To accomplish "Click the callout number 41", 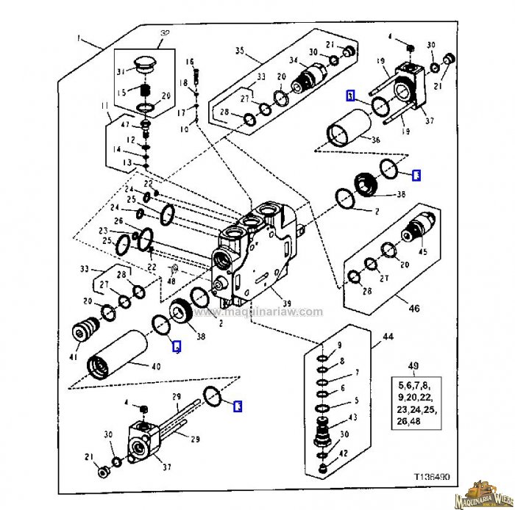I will (x=74, y=358).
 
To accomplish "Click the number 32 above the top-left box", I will (x=164, y=35).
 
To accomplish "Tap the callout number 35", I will (x=239, y=51).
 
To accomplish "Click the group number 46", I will (x=414, y=309).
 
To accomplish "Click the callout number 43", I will (x=353, y=417).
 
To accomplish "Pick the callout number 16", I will (x=189, y=62).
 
